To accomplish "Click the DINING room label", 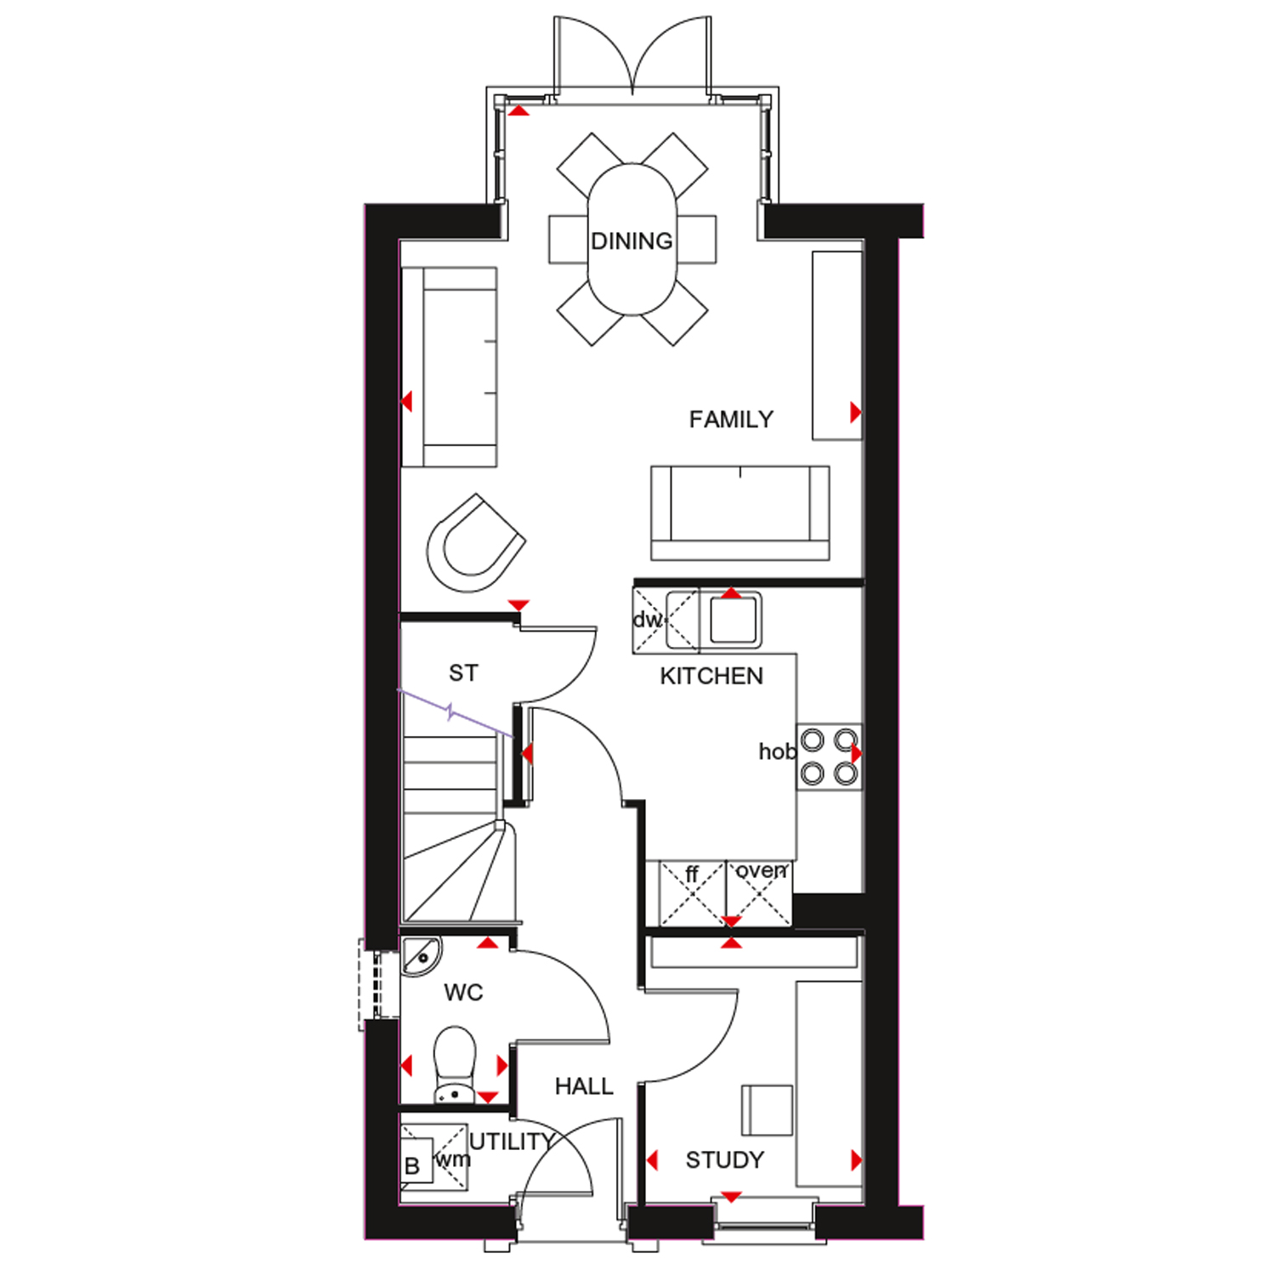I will pos(632,241).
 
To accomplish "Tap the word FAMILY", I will pos(731,419).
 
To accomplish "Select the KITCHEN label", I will pos(711,676).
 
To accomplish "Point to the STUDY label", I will pos(724,1159).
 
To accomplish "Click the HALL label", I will pos(584,1085).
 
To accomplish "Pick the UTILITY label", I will pos(512,1142).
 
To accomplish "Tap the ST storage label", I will pos(463,673).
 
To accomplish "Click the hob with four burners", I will pos(829,756).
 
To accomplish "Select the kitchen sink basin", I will pos(734,620).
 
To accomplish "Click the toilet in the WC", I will pos(455,1062).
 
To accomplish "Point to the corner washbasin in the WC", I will pos(420,955).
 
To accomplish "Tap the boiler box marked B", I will pos(414,1165).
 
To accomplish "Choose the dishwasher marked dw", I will pos(649,620).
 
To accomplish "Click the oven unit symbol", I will pos(759,892).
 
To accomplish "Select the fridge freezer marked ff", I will pos(693,892).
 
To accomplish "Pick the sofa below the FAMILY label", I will pos(739,513).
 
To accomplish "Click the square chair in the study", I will pos(768,1109).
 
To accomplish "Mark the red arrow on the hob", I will pos(856,753).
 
